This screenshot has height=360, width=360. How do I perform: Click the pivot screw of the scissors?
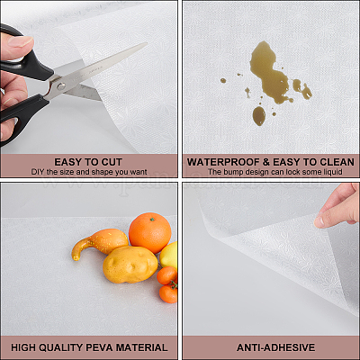[x=61, y=86]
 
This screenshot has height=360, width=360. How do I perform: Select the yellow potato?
[x=130, y=264]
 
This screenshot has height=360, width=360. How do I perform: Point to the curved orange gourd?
[x=99, y=242]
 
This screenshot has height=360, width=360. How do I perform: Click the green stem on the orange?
[x=152, y=220]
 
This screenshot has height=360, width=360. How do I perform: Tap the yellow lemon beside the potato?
[x=169, y=255]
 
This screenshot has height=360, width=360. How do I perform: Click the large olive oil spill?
[x=270, y=73]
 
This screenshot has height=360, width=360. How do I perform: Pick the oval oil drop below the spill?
[x=259, y=115]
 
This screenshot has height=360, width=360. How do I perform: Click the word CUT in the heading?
[x=112, y=162]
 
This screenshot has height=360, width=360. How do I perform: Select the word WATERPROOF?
[x=223, y=162]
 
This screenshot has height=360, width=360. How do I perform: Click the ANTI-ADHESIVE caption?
[x=275, y=347]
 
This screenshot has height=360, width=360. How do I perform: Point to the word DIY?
[x=38, y=172]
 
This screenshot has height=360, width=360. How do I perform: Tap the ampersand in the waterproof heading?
[x=266, y=162]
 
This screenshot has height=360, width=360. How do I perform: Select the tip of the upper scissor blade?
[x=147, y=43]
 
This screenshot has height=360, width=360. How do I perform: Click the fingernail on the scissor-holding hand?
[x=21, y=41]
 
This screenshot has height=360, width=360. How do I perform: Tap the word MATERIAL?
[x=141, y=347]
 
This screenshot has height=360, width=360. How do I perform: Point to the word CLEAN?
[x=337, y=162]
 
